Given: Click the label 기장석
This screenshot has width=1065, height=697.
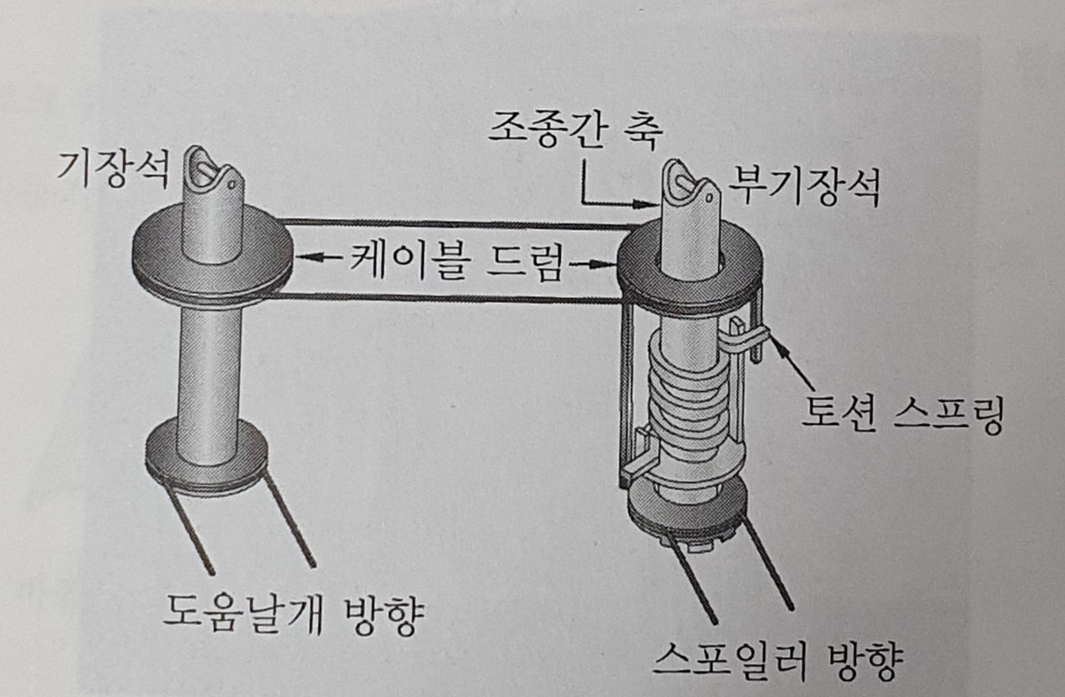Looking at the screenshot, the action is tap(112, 170).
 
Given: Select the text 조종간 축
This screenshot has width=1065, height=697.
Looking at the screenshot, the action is tap(576, 130).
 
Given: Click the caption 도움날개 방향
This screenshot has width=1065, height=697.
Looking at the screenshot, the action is tap(294, 613).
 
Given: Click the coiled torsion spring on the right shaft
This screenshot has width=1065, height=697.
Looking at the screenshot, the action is tap(689, 400).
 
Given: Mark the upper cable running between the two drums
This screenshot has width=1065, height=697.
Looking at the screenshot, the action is tap(456, 223).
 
